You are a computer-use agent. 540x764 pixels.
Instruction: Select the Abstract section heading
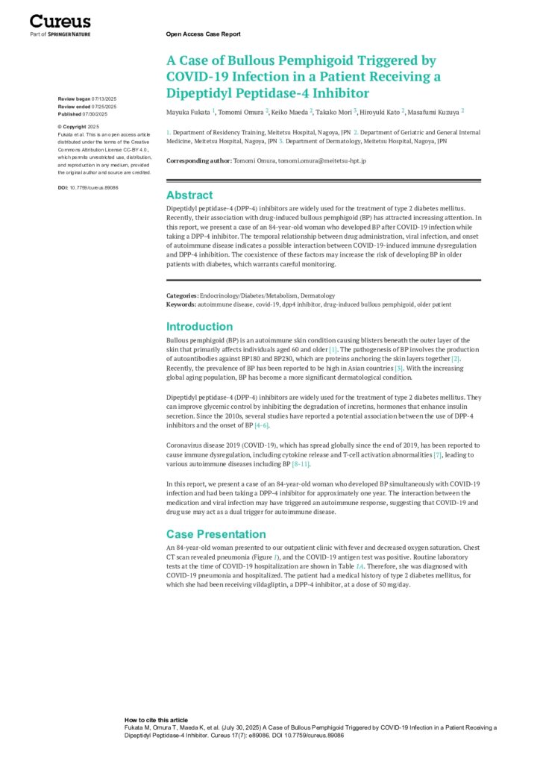[189, 195]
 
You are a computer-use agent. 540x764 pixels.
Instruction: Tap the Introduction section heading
[199, 326]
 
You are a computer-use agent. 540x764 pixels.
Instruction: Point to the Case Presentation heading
[216, 533]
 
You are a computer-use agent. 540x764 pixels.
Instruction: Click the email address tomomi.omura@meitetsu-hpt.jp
[321, 160]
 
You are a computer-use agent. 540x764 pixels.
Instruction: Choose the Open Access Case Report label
[203, 34]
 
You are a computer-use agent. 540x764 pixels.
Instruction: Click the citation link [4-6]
[261, 425]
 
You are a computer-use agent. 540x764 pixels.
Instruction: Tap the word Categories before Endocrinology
[182, 295]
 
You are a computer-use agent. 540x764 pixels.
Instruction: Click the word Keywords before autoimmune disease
[181, 304]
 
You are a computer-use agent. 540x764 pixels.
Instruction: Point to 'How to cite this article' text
[156, 720]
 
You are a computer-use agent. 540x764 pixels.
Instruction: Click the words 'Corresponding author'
[198, 160]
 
